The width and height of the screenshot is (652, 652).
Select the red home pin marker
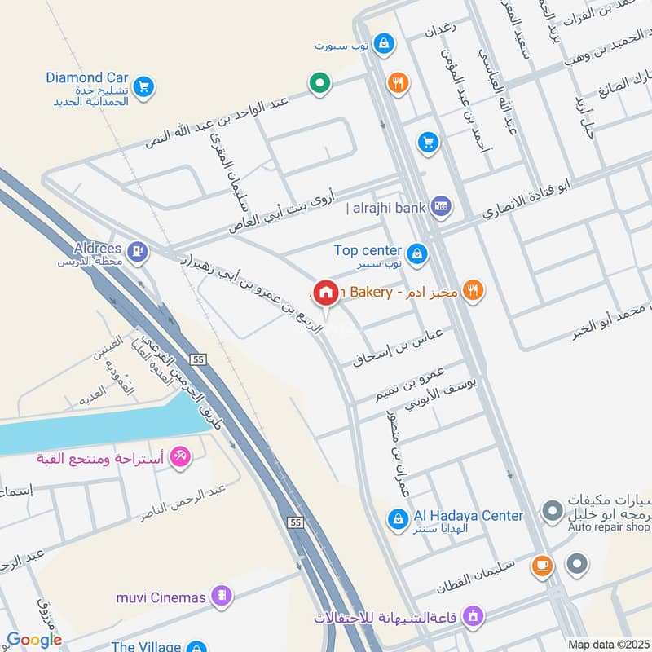pos(326,292)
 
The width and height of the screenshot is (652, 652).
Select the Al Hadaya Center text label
pos(469,515)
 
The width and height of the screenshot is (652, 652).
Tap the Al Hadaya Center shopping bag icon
pos(397,518)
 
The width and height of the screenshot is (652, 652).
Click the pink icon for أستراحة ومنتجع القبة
pos(181,456)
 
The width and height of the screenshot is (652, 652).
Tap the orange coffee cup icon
pos(540,564)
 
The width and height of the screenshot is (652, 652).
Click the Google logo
pos(34,640)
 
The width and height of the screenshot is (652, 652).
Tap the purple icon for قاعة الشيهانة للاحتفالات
pos(472,615)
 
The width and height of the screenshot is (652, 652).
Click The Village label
pos(146,646)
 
